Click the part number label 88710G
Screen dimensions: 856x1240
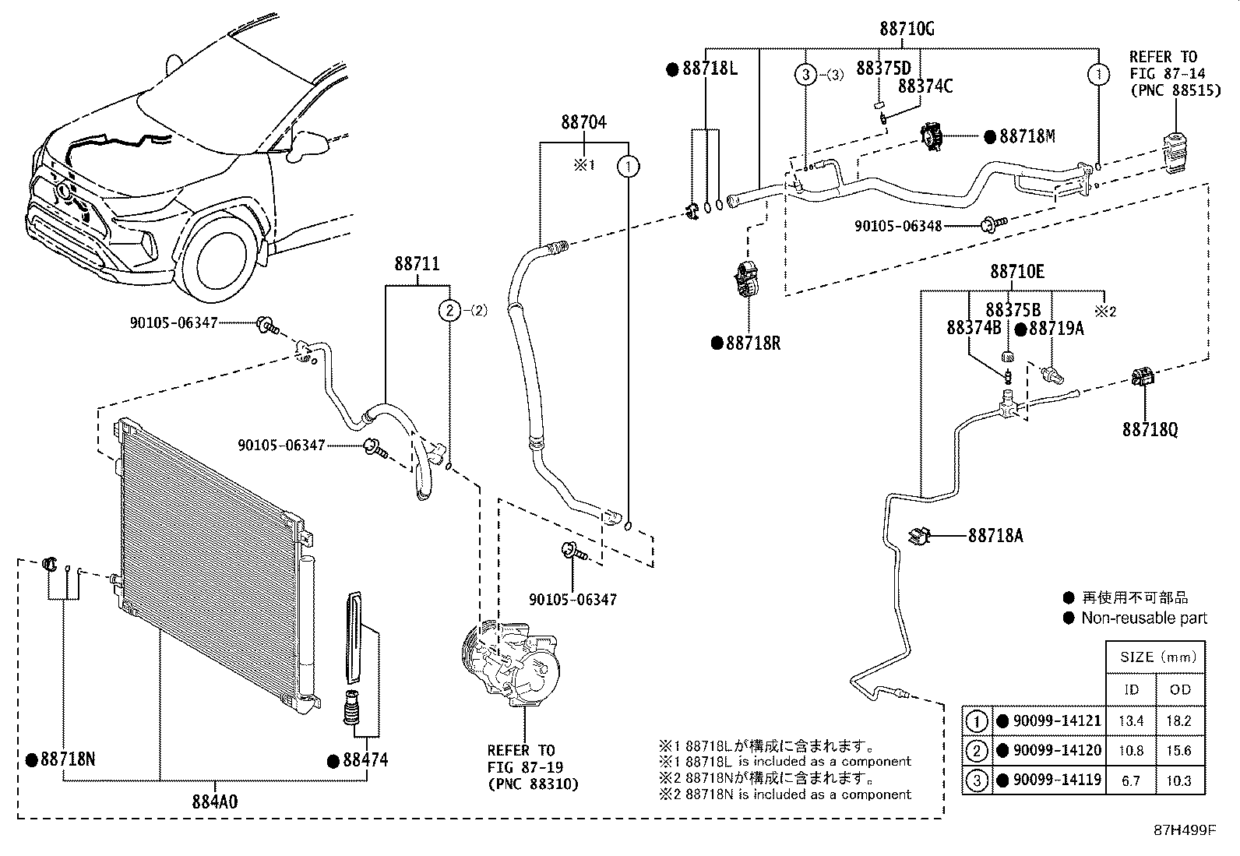907,29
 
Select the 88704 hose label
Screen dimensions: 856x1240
583,122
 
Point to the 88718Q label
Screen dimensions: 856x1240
1150,429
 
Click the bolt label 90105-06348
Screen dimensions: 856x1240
898,226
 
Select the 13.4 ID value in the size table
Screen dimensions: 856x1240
1131,721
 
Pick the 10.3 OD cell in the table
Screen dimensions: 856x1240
1180,780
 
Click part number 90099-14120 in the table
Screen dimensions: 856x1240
1055,751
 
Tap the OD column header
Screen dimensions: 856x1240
1180,689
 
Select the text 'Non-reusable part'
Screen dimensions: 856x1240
1143,618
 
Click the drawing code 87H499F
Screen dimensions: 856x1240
1185,830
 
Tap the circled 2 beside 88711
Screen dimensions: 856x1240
449,310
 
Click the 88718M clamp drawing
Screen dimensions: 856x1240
932,138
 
